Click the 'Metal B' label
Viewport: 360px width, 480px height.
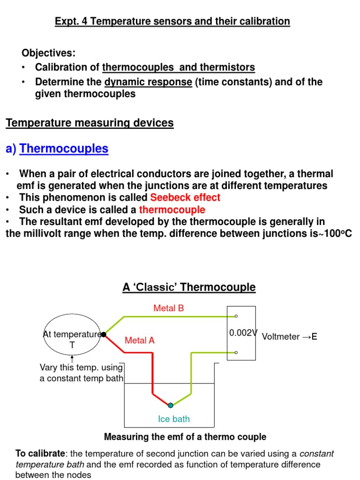click(x=169, y=308)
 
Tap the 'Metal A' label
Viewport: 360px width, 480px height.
click(x=140, y=341)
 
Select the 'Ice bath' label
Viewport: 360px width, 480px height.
click(x=174, y=419)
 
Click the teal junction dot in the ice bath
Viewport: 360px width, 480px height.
click(x=171, y=405)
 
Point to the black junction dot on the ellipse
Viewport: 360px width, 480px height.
click(x=104, y=334)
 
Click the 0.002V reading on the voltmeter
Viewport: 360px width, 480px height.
click(x=243, y=333)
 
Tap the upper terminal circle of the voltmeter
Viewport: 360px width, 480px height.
click(x=236, y=316)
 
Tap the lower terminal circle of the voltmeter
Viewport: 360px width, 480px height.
click(x=236, y=352)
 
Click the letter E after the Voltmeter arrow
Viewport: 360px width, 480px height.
click(x=314, y=337)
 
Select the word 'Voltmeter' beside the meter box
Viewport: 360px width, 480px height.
click(x=280, y=337)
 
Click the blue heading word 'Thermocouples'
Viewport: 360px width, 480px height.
click(x=64, y=149)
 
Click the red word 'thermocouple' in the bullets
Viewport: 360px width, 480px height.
click(x=172, y=210)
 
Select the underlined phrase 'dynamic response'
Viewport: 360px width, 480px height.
click(x=148, y=82)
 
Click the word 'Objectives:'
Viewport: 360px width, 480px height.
click(x=48, y=52)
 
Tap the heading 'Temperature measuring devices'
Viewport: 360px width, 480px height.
click(x=90, y=123)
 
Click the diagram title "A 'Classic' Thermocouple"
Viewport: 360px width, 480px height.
click(x=189, y=287)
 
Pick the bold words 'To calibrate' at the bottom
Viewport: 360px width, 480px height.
click(x=40, y=454)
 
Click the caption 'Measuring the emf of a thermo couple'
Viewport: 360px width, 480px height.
click(x=185, y=437)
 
